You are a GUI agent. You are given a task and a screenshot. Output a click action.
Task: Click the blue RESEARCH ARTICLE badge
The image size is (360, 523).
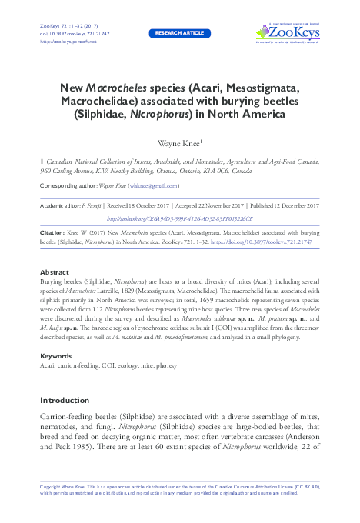click(x=180, y=34)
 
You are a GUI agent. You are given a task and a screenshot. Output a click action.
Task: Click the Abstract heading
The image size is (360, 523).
click(x=54, y=273)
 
